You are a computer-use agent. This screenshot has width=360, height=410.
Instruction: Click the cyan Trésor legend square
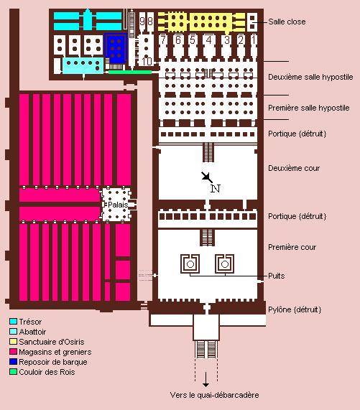point(13,322)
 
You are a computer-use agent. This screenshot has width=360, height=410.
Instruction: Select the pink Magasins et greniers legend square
point(13,352)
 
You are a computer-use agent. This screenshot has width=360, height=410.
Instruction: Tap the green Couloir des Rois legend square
point(13,372)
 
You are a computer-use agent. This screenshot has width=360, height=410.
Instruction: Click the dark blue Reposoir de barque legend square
point(13,362)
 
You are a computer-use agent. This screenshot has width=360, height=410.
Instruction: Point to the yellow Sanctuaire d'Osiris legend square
point(13,342)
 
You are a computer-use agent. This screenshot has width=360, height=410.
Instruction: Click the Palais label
point(118,205)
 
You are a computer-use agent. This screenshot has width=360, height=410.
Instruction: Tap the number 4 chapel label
point(209,39)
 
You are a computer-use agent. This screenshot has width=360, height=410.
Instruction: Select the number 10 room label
point(147,62)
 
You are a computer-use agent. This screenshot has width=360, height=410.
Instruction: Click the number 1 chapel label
point(253,39)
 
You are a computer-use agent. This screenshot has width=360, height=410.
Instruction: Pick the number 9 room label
point(142,21)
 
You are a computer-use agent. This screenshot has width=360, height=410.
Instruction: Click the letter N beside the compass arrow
point(216,188)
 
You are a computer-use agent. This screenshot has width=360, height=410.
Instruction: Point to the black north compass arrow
point(207,177)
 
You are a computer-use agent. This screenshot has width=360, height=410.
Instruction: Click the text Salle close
point(287,22)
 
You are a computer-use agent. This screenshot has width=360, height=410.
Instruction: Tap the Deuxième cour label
point(294,168)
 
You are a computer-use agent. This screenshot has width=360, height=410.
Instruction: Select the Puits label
point(276,276)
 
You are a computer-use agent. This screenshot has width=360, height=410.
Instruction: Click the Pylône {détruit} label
point(295,309)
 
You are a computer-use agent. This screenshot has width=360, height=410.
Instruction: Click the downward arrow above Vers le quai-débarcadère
point(206,379)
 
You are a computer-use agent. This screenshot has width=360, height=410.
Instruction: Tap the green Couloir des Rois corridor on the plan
point(130,72)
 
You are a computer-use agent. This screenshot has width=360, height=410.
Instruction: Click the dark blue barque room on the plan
point(116,48)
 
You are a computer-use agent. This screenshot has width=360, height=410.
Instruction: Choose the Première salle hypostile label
point(309,108)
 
